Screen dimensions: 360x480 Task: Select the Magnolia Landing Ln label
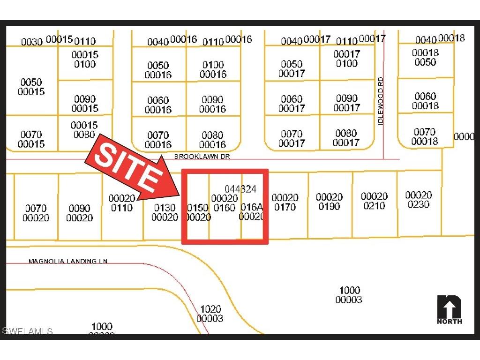(x=68, y=261)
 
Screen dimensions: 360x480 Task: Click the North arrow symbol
(x=449, y=309)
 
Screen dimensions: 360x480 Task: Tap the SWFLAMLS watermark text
(x=27, y=331)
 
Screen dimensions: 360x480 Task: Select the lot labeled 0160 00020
(x=225, y=203)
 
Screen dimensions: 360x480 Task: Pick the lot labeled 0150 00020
(x=198, y=212)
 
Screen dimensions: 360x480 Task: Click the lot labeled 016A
(x=252, y=211)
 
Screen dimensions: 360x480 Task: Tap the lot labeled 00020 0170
(x=285, y=202)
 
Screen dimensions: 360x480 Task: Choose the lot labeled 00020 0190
(x=329, y=202)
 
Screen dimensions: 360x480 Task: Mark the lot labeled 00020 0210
(x=374, y=201)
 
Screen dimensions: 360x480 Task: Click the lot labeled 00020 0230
(x=419, y=200)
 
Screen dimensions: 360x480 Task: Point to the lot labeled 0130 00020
(x=165, y=212)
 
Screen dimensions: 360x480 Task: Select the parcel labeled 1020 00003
(x=210, y=314)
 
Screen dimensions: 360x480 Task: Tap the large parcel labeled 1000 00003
(x=349, y=295)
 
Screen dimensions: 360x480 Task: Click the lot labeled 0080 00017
(x=346, y=138)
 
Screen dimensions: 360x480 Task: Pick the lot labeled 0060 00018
(x=425, y=101)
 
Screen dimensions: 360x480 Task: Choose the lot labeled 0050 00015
(x=31, y=87)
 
